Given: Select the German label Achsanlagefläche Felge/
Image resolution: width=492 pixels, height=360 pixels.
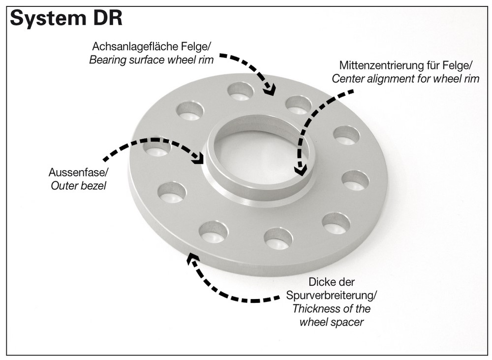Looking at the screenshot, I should pyautogui.click(x=152, y=47).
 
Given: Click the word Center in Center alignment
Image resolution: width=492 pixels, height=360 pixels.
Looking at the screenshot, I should pyautogui.click(x=347, y=79).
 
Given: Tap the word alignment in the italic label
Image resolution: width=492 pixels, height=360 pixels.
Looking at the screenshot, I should pyautogui.click(x=388, y=79).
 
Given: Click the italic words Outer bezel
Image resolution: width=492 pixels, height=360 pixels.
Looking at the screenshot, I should pyautogui.click(x=79, y=187).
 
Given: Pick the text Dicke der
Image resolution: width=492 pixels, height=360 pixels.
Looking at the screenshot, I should pyautogui.click(x=331, y=283).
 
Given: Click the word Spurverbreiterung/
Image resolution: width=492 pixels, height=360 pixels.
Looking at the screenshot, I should pyautogui.click(x=331, y=296).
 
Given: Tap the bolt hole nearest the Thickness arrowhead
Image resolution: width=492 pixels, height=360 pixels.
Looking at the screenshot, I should pyautogui.click(x=214, y=231).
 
